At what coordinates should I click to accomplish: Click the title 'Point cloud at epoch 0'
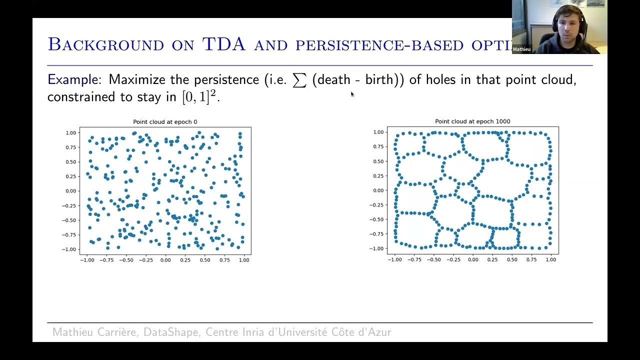pos(165,122)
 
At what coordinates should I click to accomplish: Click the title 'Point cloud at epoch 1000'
pos(472,121)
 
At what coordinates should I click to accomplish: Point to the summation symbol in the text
pos(299,80)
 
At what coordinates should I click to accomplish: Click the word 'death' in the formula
pos(333,79)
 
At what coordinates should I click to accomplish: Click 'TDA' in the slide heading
pos(224,44)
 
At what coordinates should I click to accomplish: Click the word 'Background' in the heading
pos(105,45)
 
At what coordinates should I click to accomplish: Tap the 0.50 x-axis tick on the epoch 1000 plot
pos(512,260)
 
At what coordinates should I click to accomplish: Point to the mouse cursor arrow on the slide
pos(352,94)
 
